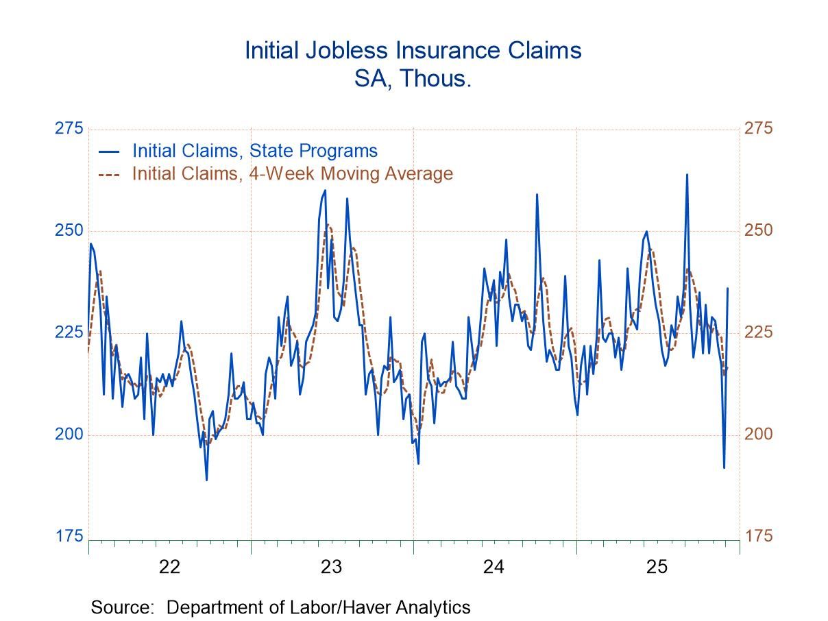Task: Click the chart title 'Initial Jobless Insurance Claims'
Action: tap(413, 51)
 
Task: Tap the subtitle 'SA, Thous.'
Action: tap(413, 78)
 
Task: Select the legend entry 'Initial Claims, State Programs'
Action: tap(254, 151)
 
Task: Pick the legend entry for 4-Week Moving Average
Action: tap(292, 173)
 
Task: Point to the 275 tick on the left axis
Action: tap(69, 129)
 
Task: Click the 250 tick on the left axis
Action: tap(69, 230)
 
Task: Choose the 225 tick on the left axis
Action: tap(69, 332)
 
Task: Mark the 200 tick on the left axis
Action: tap(69, 435)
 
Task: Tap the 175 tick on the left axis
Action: tap(69, 536)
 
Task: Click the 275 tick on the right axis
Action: tap(758, 129)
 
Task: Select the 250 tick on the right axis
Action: tap(758, 230)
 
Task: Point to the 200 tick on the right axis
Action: tap(758, 435)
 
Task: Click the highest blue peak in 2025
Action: tap(687, 175)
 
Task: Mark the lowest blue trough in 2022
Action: tap(206, 479)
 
